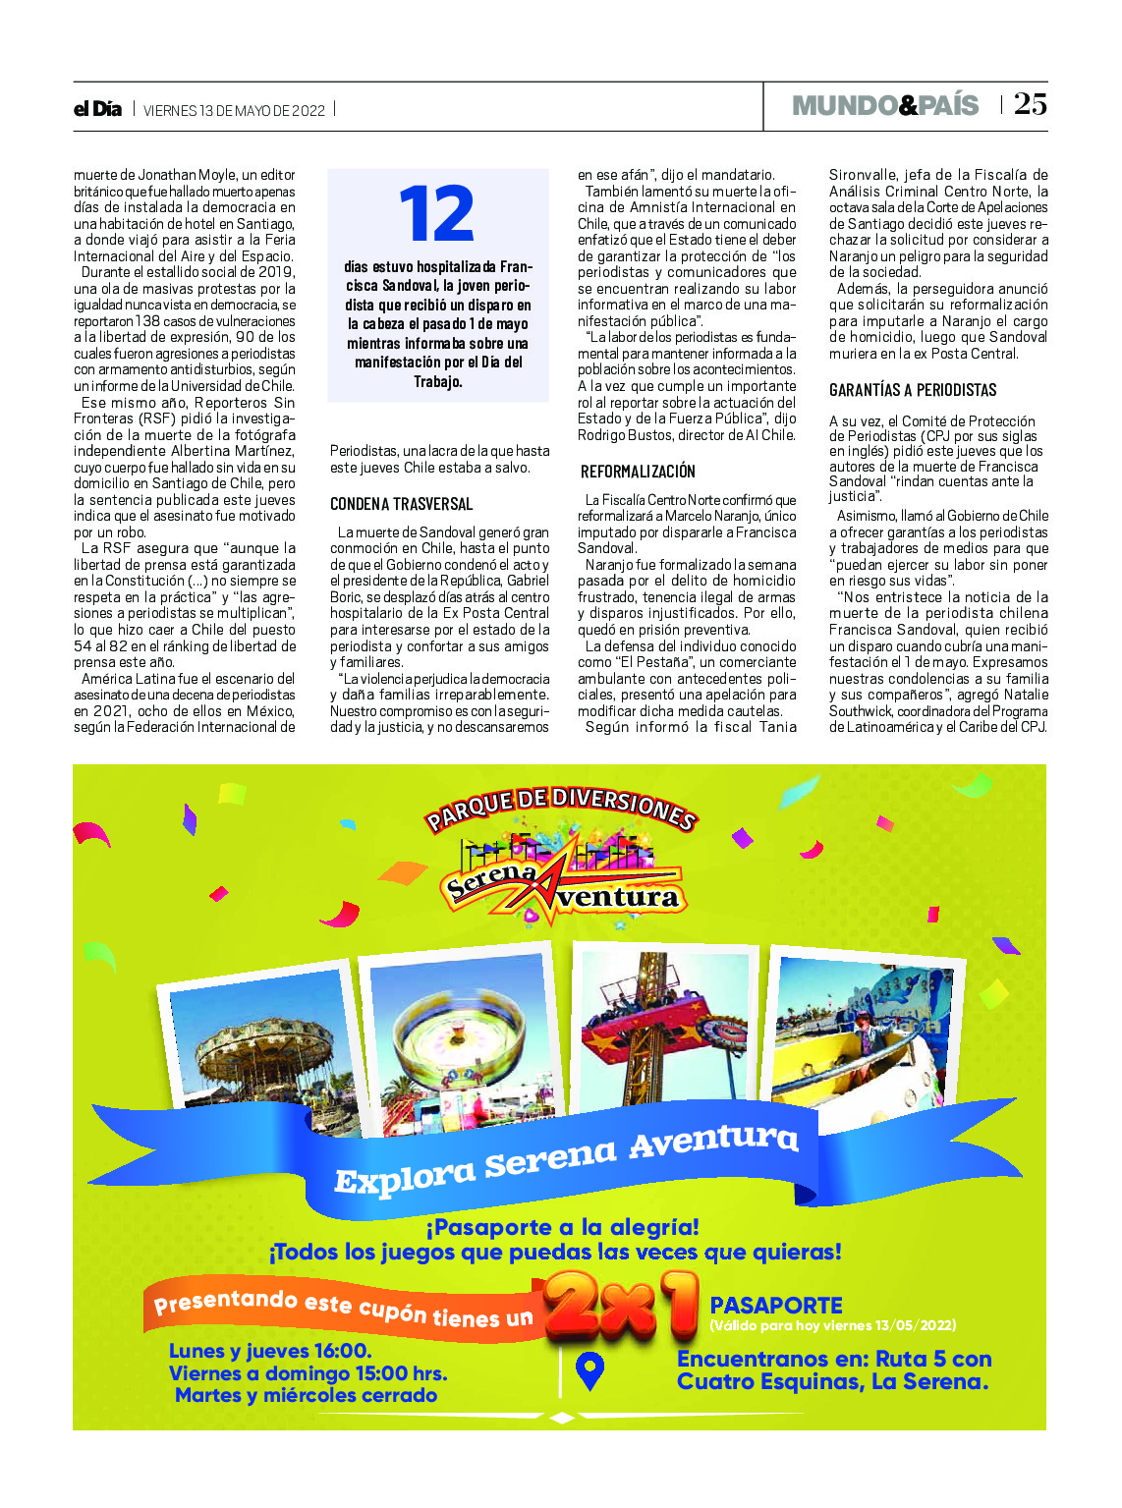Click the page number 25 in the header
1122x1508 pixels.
pyautogui.click(x=1030, y=104)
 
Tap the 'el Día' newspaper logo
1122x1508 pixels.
pyautogui.click(x=97, y=109)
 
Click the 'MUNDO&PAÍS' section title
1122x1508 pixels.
pyautogui.click(x=885, y=105)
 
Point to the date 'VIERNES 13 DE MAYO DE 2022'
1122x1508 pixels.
pyautogui.click(x=234, y=110)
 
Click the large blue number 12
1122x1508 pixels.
pyautogui.click(x=437, y=214)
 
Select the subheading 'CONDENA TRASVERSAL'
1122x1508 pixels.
pyautogui.click(x=401, y=504)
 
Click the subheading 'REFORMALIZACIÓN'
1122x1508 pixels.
pyautogui.click(x=637, y=472)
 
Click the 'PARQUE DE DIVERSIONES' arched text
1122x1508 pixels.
pyautogui.click(x=560, y=808)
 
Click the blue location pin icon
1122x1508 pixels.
pyautogui.click(x=589, y=1370)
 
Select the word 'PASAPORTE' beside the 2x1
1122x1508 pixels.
pyautogui.click(x=776, y=1305)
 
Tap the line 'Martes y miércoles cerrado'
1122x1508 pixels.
pyautogui.click(x=306, y=1395)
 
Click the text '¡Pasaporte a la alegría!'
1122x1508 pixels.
pyautogui.click(x=562, y=1227)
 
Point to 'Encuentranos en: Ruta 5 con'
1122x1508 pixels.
pyautogui.click(x=834, y=1359)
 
